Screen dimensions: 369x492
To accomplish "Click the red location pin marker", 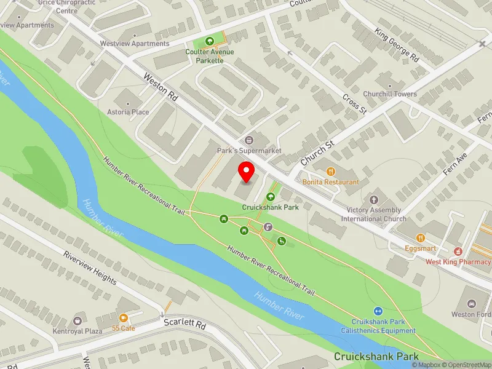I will click(247, 172).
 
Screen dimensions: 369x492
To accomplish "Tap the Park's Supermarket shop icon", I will click(249, 140).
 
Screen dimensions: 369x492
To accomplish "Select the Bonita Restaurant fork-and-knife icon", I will click(331, 172).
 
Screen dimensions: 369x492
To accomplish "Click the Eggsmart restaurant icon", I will click(421, 238).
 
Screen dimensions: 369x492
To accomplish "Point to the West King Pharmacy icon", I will click(458, 251).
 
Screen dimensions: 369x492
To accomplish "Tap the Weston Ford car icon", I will click(472, 304).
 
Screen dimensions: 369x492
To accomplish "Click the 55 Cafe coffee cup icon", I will click(124, 318).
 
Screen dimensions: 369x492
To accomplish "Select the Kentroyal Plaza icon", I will click(78, 320).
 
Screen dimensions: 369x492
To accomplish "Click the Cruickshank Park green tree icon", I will click(270, 197).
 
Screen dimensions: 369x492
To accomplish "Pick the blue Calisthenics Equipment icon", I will click(378, 312).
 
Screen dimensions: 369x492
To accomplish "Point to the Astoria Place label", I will click(129, 112).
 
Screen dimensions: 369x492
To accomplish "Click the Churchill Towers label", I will click(390, 94).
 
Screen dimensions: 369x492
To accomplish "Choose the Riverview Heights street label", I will click(90, 269).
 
